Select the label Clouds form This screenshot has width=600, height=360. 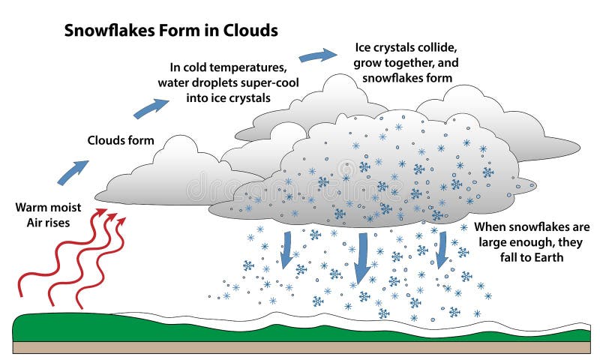121,140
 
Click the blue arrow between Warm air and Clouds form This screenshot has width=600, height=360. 73,172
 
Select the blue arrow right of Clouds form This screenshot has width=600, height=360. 151,108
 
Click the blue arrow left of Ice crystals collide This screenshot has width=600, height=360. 317,55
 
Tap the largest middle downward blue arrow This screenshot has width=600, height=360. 361,258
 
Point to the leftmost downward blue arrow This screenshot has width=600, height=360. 286,249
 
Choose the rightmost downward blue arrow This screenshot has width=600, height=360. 442,250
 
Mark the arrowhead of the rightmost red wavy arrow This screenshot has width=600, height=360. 121,221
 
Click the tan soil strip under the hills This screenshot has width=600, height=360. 301,347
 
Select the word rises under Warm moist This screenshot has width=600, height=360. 58,223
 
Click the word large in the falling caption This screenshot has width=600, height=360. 494,242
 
